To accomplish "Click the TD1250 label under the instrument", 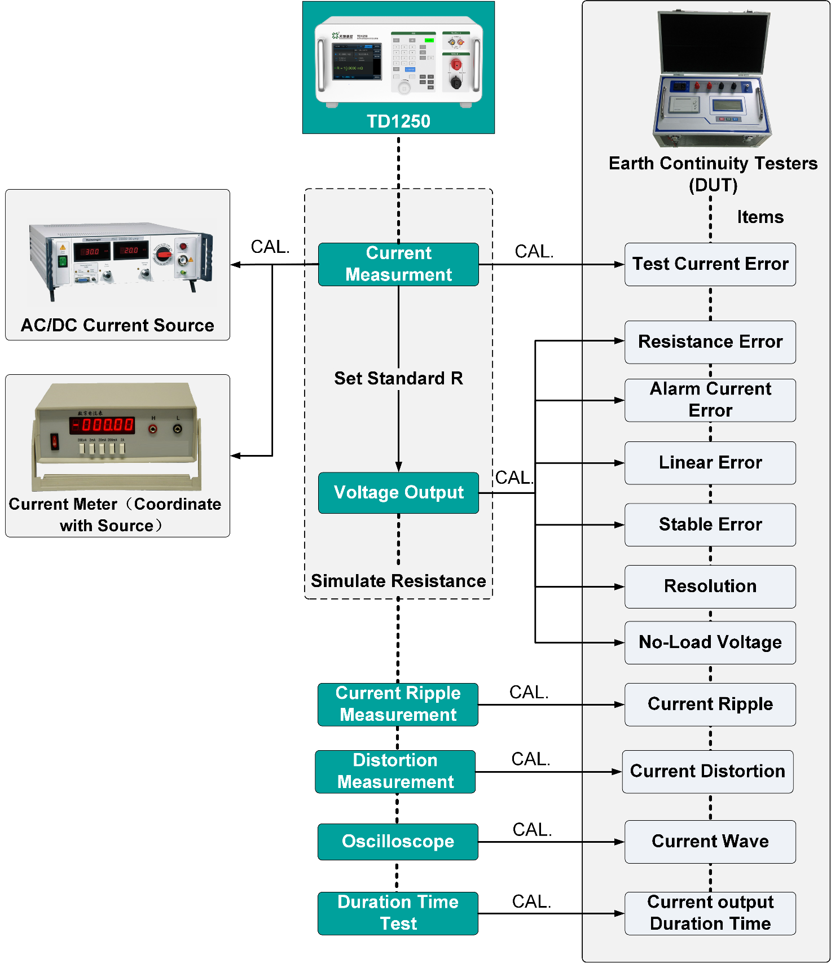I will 398,121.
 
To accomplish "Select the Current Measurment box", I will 398,264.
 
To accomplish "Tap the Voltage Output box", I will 398,493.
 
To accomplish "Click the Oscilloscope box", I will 398,842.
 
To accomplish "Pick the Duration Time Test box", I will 398,913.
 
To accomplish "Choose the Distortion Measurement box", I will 395,771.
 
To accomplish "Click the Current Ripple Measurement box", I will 398,704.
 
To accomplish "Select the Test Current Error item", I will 710,264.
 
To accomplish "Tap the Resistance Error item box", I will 710,342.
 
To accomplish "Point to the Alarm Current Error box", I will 710,400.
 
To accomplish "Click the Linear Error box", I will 710,463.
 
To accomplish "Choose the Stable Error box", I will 710,524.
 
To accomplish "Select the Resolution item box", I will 710,586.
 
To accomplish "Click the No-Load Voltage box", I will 710,642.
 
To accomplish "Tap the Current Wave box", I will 710,842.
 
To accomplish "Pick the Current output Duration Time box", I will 710,913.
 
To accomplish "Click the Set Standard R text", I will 398,378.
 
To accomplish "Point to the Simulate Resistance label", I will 398,581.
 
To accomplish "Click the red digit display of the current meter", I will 103,424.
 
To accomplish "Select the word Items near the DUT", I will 760,217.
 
